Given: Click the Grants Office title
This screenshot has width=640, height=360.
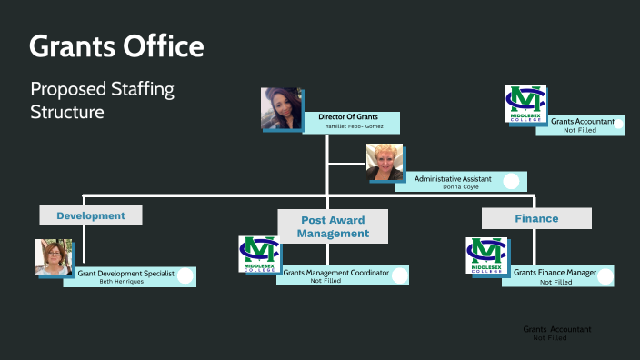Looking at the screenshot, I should coord(116,45).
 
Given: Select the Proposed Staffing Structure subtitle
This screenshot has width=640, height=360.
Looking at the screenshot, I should coord(102,101).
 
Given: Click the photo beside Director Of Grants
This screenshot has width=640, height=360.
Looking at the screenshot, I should coord(282,109).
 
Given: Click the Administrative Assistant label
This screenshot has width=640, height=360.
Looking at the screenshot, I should coord(453,179).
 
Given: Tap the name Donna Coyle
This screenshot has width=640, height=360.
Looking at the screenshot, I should coord(452,187).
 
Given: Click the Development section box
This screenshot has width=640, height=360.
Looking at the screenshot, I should coord(91,215).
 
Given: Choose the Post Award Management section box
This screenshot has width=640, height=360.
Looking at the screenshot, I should coord(333,226).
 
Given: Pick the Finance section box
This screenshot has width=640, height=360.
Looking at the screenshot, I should coord(536,218).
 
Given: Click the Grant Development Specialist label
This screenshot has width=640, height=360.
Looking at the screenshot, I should coord(126,273).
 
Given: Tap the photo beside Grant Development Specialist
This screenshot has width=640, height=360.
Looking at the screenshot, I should coord(54,257).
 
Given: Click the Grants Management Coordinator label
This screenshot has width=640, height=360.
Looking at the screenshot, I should coord(335,272).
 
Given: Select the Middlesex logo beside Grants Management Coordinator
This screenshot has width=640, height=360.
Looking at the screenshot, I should coord(259,255).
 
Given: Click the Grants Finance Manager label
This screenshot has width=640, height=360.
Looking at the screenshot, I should coord(555,273).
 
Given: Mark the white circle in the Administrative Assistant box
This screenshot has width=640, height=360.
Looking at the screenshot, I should coord(511,181).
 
